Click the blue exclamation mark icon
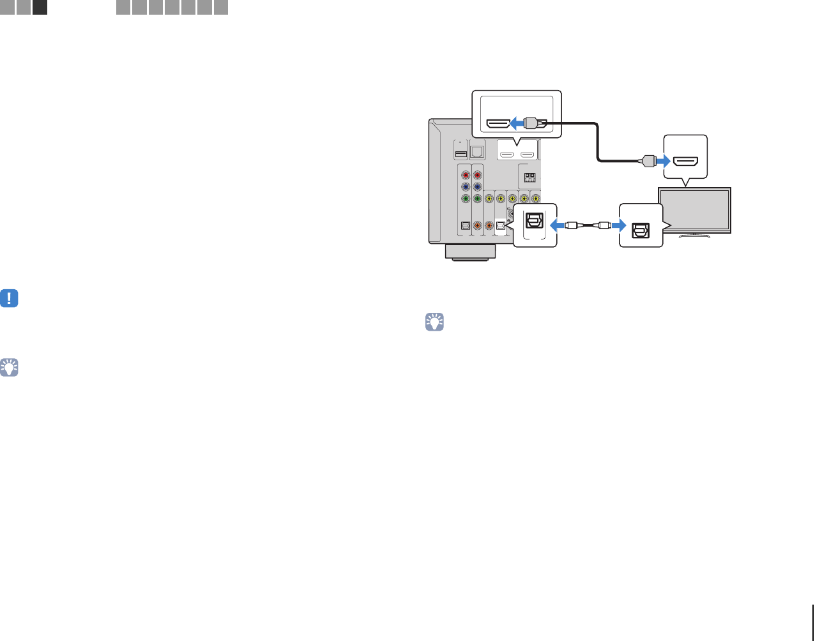9,298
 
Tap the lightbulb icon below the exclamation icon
9,367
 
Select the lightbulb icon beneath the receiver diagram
434,322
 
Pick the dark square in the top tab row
40,8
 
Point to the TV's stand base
695,235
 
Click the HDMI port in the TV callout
686,162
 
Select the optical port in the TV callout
640,230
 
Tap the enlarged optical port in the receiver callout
534,221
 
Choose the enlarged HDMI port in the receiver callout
498,123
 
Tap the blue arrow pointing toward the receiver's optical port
558,225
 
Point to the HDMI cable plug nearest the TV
648,162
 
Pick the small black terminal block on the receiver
529,178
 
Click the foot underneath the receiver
470,252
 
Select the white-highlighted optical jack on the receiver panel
501,225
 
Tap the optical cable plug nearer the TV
604,225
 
